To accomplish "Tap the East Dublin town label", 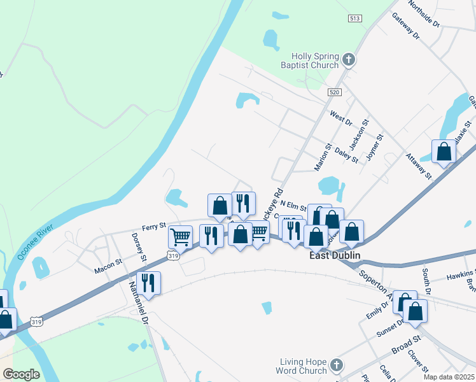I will click(x=335, y=255).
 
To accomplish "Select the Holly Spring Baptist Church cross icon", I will click(x=348, y=60).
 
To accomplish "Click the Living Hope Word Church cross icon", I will click(x=337, y=365).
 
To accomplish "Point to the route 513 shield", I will click(x=355, y=18).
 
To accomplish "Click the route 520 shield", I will click(x=335, y=92).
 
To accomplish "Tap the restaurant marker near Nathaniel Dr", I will click(x=148, y=283).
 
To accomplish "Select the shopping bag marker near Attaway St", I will click(x=444, y=152).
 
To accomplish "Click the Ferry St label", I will click(x=153, y=225).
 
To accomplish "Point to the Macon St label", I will click(x=109, y=263).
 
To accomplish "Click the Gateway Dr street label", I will click(x=406, y=26).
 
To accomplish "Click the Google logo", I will click(x=22, y=374).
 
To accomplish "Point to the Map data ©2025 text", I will click(x=448, y=377).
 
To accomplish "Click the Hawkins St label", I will click(x=461, y=276).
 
